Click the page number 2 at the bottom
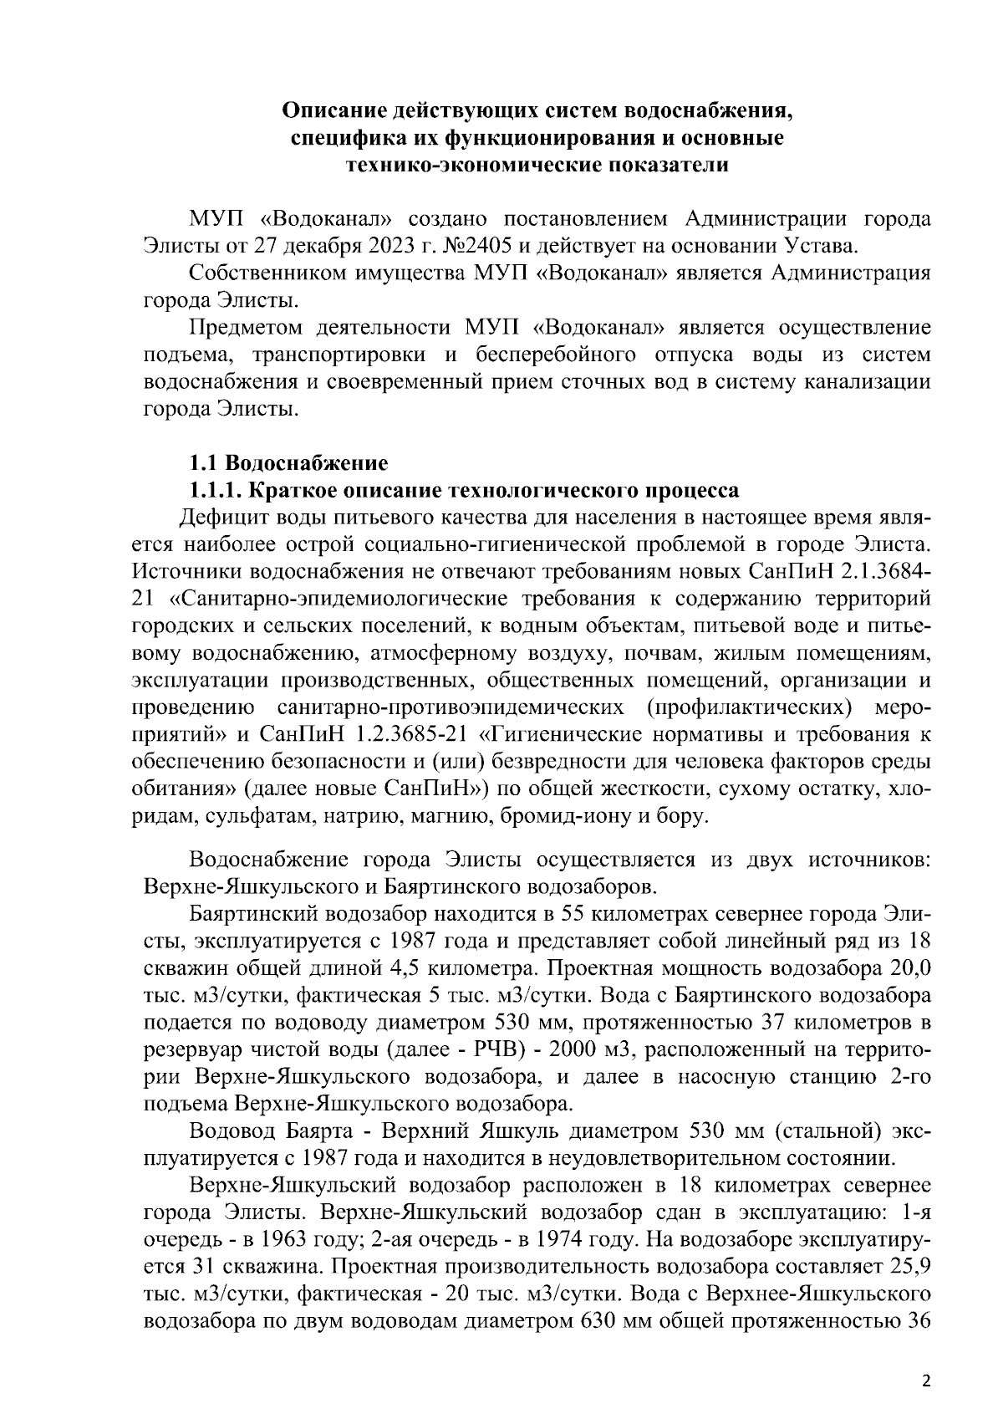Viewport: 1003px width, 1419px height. click(x=925, y=1381)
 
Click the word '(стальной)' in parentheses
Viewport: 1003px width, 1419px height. click(x=822, y=1131)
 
